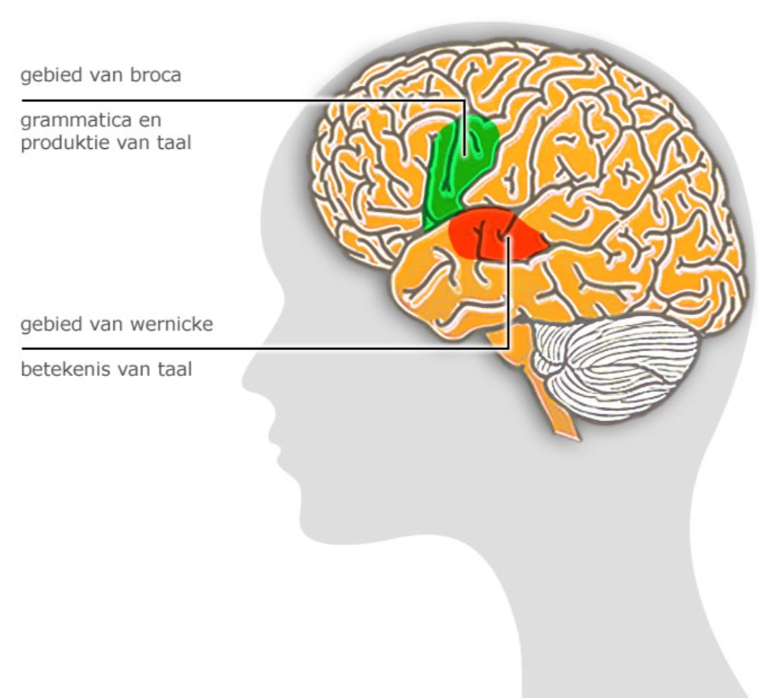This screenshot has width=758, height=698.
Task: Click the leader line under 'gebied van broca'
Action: [234, 101]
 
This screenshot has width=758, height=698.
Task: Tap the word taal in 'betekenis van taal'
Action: [173, 368]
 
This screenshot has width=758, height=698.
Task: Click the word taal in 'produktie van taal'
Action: [173, 143]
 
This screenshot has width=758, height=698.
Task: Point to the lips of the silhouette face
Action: [273, 445]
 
